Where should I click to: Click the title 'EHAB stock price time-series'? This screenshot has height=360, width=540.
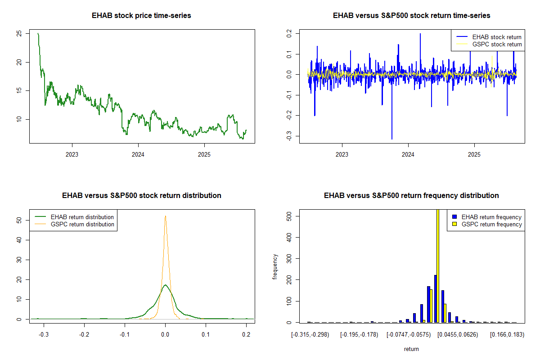point(141,16)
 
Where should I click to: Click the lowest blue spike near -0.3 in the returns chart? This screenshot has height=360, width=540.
point(392,138)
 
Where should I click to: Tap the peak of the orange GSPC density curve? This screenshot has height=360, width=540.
point(165,216)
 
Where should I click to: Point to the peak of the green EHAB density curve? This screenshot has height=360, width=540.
point(165,285)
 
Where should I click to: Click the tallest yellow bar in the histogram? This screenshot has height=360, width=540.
point(438,265)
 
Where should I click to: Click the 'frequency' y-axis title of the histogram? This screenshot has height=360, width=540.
point(275,266)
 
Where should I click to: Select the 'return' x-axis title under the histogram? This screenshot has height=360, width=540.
point(411,349)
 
